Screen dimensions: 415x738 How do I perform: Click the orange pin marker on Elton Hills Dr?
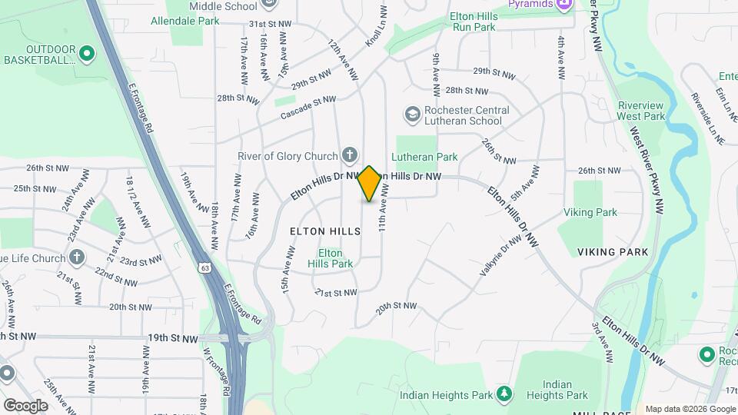point(369,183)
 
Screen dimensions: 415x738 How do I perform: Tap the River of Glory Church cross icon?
point(348,156)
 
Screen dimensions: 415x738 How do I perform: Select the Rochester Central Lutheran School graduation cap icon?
point(412,115)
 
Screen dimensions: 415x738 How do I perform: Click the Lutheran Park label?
point(424,157)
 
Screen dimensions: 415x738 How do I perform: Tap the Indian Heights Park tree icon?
point(504,395)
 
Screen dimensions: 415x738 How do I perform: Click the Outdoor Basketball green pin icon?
point(87,54)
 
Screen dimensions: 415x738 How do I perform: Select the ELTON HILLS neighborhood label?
point(325,231)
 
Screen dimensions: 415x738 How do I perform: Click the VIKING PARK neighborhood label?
point(613,252)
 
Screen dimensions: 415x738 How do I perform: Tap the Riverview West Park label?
point(640,111)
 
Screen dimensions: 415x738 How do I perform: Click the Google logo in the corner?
point(25,405)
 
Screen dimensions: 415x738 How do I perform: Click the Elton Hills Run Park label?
point(474,21)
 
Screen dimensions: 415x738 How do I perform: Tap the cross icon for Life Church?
point(77,257)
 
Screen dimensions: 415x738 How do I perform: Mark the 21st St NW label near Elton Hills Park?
point(336,293)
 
